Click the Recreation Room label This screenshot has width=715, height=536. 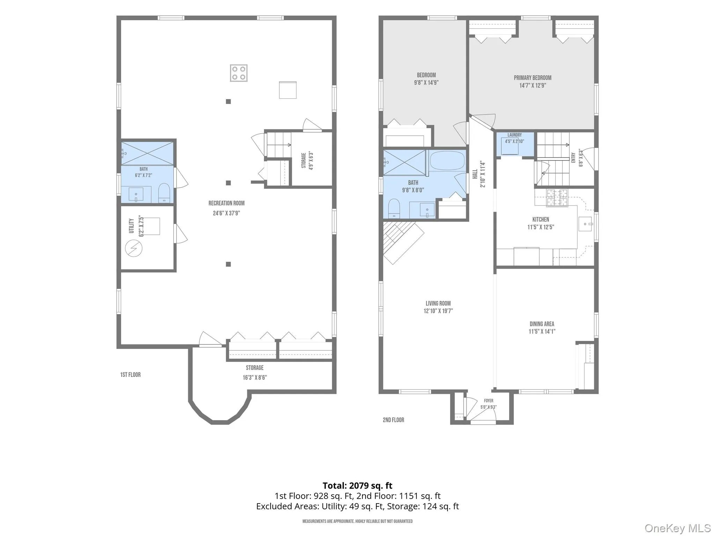[227, 203]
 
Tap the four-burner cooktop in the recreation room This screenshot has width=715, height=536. [239, 73]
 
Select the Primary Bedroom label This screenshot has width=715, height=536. [532, 78]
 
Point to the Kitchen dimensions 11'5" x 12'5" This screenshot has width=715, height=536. [541, 227]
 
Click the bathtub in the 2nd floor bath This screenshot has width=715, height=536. [447, 161]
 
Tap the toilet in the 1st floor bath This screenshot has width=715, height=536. [164, 193]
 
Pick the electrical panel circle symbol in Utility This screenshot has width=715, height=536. [134, 248]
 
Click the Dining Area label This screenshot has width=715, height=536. [542, 324]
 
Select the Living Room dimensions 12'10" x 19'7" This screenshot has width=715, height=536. [438, 311]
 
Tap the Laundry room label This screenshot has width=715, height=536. [515, 135]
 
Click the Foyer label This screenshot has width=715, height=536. [489, 401]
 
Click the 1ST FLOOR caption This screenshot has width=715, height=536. [131, 375]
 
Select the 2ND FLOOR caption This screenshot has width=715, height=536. [393, 420]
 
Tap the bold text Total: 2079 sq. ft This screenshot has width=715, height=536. [357, 485]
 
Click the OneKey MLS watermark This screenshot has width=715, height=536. [678, 528]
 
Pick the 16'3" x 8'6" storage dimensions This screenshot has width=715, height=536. [255, 378]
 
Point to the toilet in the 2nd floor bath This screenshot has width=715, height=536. [394, 209]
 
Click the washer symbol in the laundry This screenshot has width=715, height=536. [510, 146]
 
